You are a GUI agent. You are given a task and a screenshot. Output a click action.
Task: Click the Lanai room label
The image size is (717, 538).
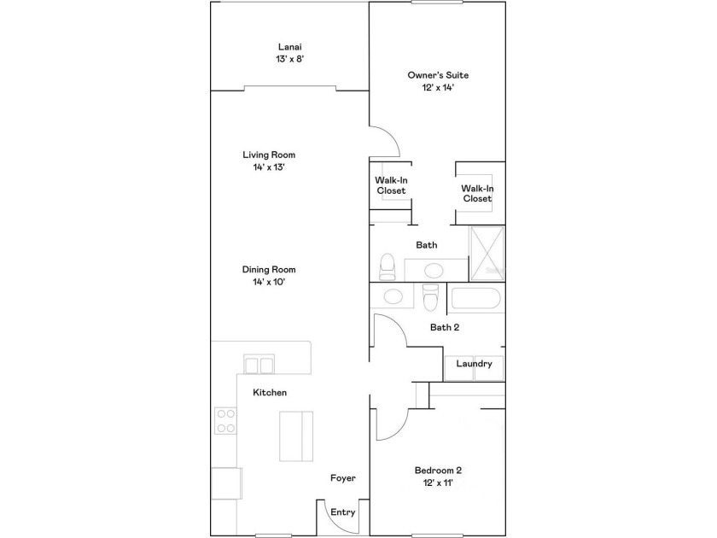290,47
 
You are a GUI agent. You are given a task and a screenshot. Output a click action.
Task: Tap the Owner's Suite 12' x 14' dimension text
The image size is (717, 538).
438,88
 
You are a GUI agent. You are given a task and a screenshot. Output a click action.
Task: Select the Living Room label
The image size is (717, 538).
269,155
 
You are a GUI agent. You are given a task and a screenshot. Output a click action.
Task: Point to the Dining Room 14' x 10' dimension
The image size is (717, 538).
269,282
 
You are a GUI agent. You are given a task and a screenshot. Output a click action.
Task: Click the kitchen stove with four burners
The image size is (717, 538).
226,421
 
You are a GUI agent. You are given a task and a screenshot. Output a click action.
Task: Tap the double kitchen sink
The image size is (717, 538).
259,365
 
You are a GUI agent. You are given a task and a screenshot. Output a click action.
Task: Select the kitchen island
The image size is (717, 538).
296,436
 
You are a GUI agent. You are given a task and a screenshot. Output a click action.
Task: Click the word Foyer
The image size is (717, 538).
343,478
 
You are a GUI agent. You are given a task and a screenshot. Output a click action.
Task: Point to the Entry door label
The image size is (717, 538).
343,512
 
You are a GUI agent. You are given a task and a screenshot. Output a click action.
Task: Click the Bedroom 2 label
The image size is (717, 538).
438,471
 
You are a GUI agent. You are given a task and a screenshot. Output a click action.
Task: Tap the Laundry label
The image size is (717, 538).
475,364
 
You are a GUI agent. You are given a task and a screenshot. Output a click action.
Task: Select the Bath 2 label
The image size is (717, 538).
445,327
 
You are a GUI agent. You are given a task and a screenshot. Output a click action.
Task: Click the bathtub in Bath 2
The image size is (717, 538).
475,298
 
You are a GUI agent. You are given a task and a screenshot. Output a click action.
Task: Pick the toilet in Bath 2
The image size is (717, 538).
431,297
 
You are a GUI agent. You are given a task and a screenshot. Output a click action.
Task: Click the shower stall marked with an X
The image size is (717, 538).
487,253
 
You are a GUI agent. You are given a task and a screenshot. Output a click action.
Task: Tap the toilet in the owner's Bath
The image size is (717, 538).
388,266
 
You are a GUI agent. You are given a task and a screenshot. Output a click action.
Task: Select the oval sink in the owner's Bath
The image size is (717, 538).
434,270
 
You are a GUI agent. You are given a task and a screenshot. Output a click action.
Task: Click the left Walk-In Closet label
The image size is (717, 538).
391,185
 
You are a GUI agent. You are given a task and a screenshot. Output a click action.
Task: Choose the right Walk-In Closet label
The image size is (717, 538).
477,194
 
